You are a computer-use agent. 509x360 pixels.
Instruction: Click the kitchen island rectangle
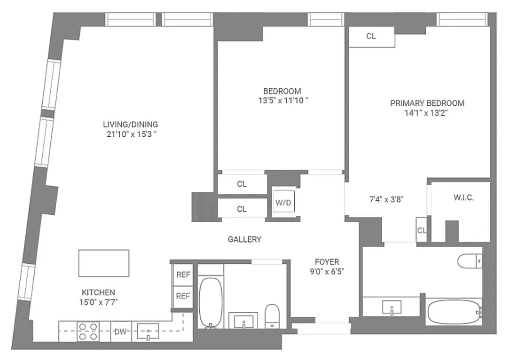click(x=104, y=263)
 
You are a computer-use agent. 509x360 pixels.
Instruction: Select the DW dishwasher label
click(x=119, y=332)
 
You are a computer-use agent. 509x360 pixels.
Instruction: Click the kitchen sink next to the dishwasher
click(x=148, y=331)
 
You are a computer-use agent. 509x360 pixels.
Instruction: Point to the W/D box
click(x=284, y=202)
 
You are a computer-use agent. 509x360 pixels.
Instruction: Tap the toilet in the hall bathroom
click(x=272, y=315)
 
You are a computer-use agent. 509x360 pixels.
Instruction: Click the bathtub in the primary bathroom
click(x=454, y=311)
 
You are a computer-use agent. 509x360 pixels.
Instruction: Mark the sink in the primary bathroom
click(x=392, y=308)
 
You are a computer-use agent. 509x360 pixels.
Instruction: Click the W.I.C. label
click(x=464, y=198)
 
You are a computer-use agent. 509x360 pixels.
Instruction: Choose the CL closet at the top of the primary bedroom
click(x=371, y=37)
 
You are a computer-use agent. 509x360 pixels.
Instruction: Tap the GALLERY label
click(x=244, y=239)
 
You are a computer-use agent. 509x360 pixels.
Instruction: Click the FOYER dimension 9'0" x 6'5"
click(x=327, y=272)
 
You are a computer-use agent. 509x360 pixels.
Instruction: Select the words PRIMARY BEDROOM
click(x=427, y=103)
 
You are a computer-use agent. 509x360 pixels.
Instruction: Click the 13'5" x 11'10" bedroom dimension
click(x=283, y=101)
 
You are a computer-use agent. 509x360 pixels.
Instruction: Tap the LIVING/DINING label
click(x=131, y=124)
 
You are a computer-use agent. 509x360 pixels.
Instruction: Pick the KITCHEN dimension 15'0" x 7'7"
click(x=98, y=302)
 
